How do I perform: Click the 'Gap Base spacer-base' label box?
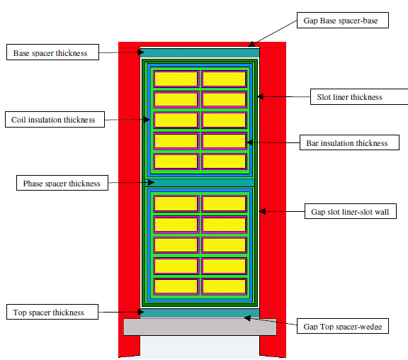[343, 20]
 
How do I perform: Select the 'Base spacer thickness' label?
[52, 52]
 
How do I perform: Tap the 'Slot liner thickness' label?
[359, 96]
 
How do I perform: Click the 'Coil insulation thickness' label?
[55, 120]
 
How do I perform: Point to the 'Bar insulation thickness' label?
[349, 142]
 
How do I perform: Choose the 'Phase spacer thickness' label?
[62, 183]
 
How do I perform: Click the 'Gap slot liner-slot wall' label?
[351, 211]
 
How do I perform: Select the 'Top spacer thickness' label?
[52, 312]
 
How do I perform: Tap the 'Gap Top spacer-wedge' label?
[343, 326]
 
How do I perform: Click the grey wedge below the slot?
[200, 327]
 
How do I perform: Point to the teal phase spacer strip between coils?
[200, 182]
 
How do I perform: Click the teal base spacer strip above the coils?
[200, 53]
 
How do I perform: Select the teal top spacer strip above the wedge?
[200, 313]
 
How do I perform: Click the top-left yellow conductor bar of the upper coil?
[176, 79]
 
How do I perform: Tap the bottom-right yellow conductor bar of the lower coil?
[224, 286]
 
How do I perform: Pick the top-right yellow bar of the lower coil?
[224, 203]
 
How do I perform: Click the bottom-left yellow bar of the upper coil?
[176, 161]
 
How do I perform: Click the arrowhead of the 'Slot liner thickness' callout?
[261, 96]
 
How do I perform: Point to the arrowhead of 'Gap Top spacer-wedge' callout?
[247, 318]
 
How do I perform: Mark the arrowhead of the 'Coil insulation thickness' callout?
[147, 120]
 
